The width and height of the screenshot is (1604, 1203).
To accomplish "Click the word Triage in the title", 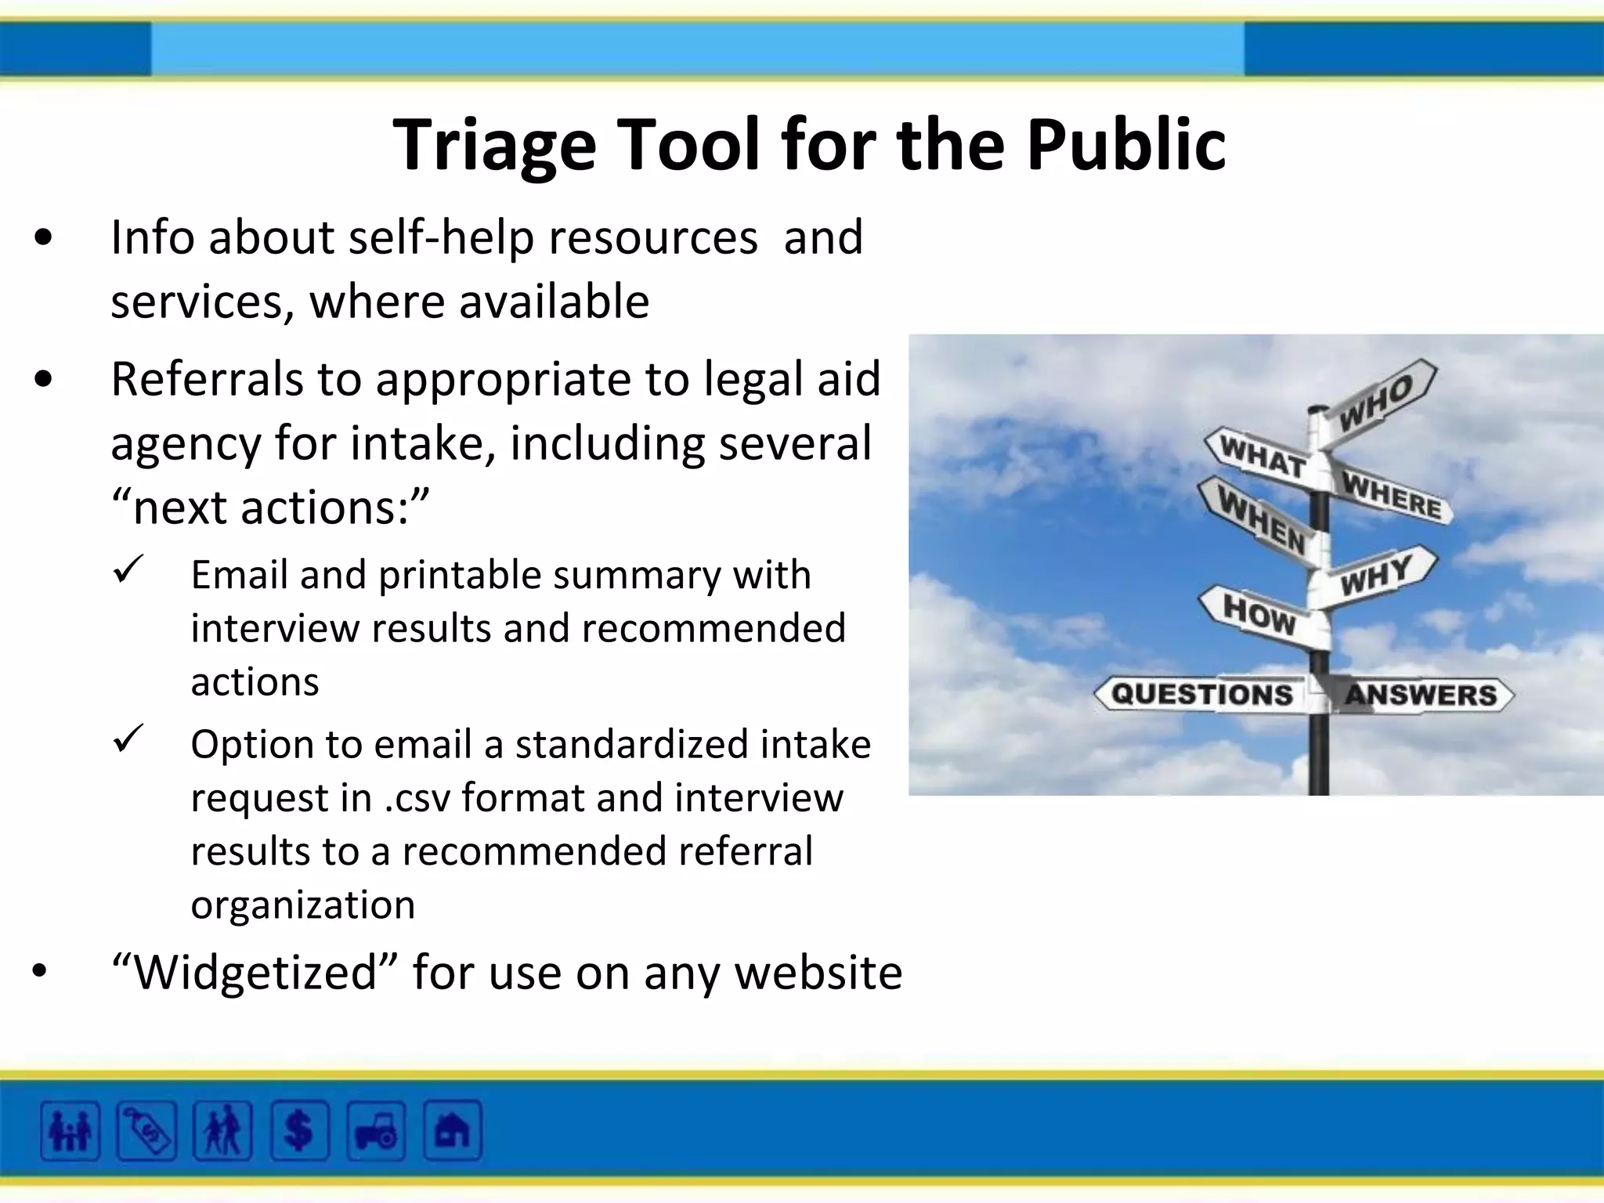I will point(494,146).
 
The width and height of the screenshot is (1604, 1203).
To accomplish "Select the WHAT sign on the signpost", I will point(1262,456).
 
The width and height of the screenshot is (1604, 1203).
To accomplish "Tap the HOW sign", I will point(1258,613).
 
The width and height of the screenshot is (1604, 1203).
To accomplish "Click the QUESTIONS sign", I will point(1201,694).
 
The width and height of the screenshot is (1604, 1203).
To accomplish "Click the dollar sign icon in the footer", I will point(299,1131).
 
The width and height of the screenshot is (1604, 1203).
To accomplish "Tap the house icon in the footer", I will point(452,1131).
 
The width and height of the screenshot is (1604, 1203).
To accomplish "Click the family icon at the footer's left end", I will point(70,1131).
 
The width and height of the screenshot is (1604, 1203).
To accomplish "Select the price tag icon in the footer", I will point(146,1131).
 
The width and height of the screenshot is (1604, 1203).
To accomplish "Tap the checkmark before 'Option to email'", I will point(128,738).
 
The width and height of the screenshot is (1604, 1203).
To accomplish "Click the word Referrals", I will point(207,380).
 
